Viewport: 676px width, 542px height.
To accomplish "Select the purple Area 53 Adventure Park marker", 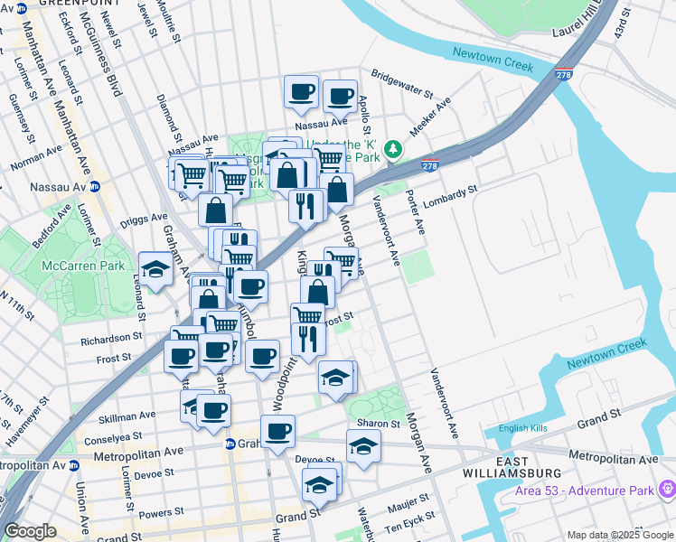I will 669,490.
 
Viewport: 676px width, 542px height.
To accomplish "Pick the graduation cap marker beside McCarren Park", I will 155,269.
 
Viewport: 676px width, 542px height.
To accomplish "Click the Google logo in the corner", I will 31,532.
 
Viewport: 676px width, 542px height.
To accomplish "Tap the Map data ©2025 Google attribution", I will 620,535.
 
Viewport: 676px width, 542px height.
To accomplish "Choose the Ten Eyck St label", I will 409,527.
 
